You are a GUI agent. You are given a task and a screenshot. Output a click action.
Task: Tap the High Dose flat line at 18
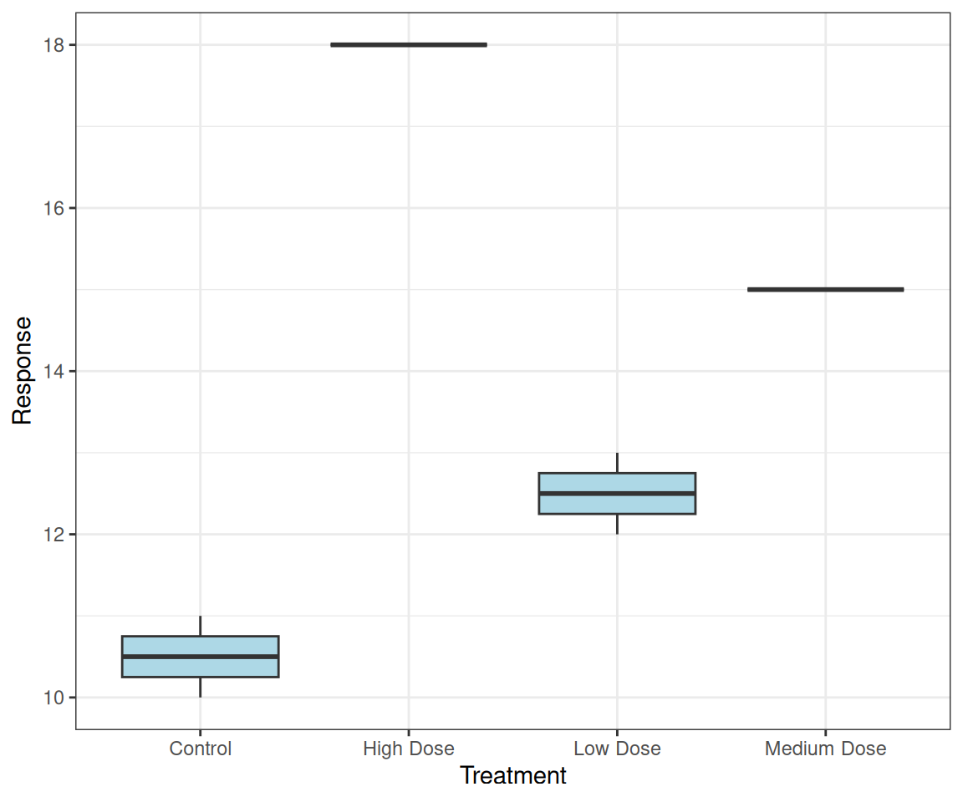point(409,44)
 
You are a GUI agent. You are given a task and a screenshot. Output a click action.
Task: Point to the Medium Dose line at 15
point(825,289)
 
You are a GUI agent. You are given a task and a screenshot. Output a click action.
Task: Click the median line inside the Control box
point(200,657)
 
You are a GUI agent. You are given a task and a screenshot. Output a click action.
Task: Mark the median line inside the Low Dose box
point(617,493)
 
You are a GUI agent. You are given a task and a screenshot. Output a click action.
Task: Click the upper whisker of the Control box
point(200,626)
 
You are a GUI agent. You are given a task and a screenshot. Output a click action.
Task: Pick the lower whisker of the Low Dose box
point(617,524)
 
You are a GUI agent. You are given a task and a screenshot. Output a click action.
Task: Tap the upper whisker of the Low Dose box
point(617,463)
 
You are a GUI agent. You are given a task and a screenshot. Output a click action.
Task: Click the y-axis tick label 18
point(55,45)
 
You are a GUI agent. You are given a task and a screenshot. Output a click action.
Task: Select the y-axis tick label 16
point(55,208)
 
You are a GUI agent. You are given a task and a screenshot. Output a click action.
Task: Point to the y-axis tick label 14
point(55,371)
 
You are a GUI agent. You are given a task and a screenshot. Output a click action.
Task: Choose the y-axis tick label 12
point(55,535)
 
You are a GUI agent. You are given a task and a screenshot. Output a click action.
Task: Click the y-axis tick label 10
point(55,698)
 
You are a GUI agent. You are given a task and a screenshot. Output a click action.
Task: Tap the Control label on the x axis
point(200,749)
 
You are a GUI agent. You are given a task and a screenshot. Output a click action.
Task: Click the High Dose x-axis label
point(409,749)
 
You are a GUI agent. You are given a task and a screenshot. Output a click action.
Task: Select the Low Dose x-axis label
point(617,749)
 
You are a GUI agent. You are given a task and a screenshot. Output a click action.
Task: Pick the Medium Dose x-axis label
point(825,749)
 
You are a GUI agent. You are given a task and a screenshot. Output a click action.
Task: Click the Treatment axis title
point(512,776)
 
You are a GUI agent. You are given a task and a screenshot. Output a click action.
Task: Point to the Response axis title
point(23,370)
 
